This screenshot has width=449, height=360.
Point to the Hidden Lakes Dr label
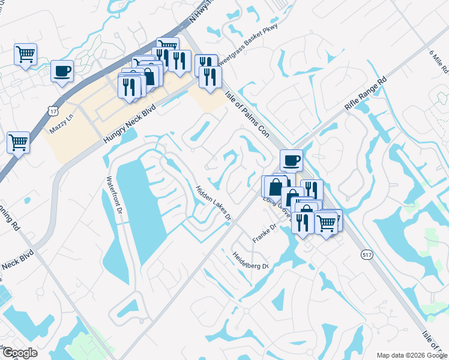pos(213,203)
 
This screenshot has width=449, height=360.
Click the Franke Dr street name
pos(264,232)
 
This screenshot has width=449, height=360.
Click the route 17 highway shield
pos(53,110)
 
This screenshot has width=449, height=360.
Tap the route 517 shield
pos(367,254)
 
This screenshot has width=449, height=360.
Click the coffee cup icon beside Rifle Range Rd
pos(291,160)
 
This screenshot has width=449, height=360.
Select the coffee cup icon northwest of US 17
pos(62,71)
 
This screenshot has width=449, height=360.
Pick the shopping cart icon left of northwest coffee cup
pos(25,54)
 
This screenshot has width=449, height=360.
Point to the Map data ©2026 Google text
pos(411,355)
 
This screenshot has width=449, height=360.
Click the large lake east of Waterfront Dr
pos(140,204)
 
